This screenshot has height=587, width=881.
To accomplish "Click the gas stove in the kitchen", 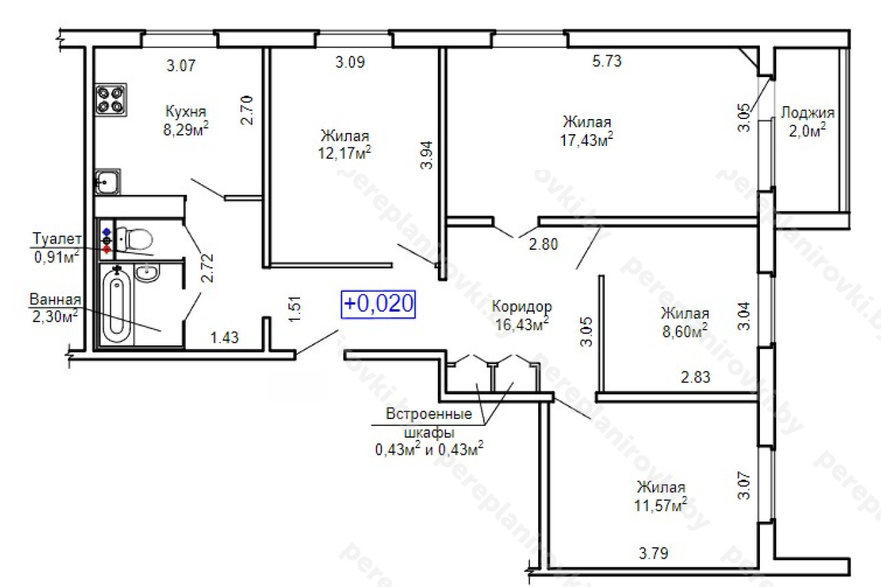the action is click(x=111, y=100).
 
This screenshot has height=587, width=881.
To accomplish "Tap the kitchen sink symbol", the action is click(x=108, y=181).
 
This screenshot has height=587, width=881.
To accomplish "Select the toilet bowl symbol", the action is click(x=134, y=238).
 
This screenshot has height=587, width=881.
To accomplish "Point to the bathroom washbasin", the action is click(x=147, y=272).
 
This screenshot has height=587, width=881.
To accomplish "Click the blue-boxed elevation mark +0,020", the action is click(x=378, y=304).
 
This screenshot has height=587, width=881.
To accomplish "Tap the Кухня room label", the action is click(x=186, y=111).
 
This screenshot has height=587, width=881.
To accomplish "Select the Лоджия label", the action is click(x=807, y=112).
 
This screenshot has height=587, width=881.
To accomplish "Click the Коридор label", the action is click(x=522, y=307).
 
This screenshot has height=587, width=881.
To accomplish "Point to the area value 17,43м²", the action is click(x=586, y=140).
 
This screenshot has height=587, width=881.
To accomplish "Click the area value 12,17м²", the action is click(x=345, y=153).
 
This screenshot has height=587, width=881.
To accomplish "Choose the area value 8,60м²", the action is click(x=685, y=331).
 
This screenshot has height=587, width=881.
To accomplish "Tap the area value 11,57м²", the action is click(x=661, y=505).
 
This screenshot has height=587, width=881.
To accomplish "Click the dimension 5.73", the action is click(x=607, y=61).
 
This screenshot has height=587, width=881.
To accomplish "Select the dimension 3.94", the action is click(x=426, y=155).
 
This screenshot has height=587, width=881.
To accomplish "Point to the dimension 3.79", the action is click(x=653, y=553).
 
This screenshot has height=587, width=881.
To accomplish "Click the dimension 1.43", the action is click(x=224, y=337).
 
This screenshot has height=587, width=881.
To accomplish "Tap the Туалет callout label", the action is click(x=57, y=239).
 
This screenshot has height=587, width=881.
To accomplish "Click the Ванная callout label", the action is click(x=55, y=299).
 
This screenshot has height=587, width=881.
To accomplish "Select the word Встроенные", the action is click(x=429, y=414).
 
